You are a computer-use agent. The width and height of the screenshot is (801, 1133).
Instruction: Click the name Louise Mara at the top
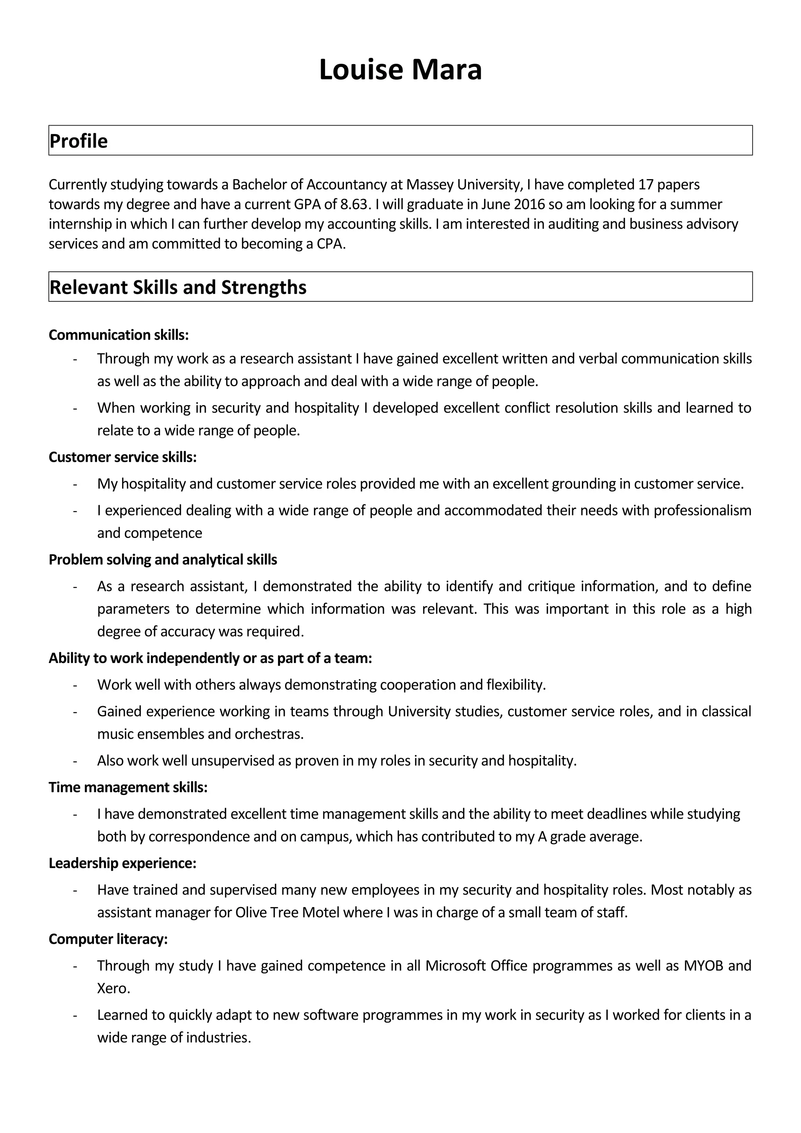point(400,70)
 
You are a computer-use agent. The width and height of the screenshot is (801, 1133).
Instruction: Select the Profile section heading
point(79,141)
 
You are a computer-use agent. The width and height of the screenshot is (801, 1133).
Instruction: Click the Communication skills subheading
point(119,335)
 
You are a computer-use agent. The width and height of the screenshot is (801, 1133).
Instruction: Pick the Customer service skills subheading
point(122,457)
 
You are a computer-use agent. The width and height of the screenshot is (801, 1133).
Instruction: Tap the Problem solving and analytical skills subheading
point(163,559)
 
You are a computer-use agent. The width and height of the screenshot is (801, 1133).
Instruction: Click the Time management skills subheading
point(128,787)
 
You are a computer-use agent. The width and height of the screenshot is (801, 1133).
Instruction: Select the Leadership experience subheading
point(122,863)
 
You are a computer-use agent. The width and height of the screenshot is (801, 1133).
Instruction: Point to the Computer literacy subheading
point(108,939)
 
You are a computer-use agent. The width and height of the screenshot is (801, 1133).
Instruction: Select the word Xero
point(113,988)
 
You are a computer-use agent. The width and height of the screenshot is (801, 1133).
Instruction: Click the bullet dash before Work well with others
point(75,685)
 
